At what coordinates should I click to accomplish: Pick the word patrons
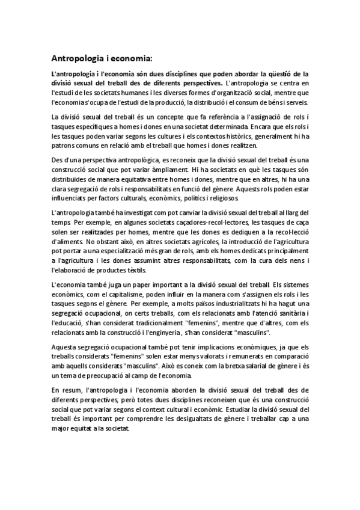(x=62, y=147)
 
